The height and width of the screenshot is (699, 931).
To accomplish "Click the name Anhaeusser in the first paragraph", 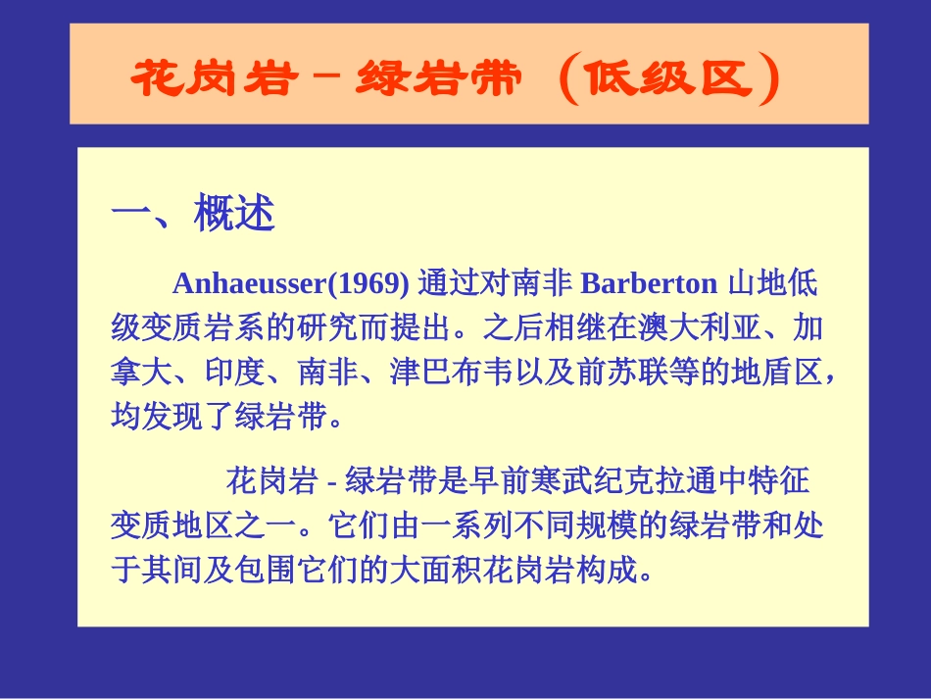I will pos(246,284).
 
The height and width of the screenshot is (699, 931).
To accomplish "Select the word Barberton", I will pos(649,284).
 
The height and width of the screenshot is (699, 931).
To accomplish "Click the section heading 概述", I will pos(234,214).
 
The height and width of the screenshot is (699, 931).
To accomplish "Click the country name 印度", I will pos(235,374).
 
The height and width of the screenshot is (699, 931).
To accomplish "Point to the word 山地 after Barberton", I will pos(758,284).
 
